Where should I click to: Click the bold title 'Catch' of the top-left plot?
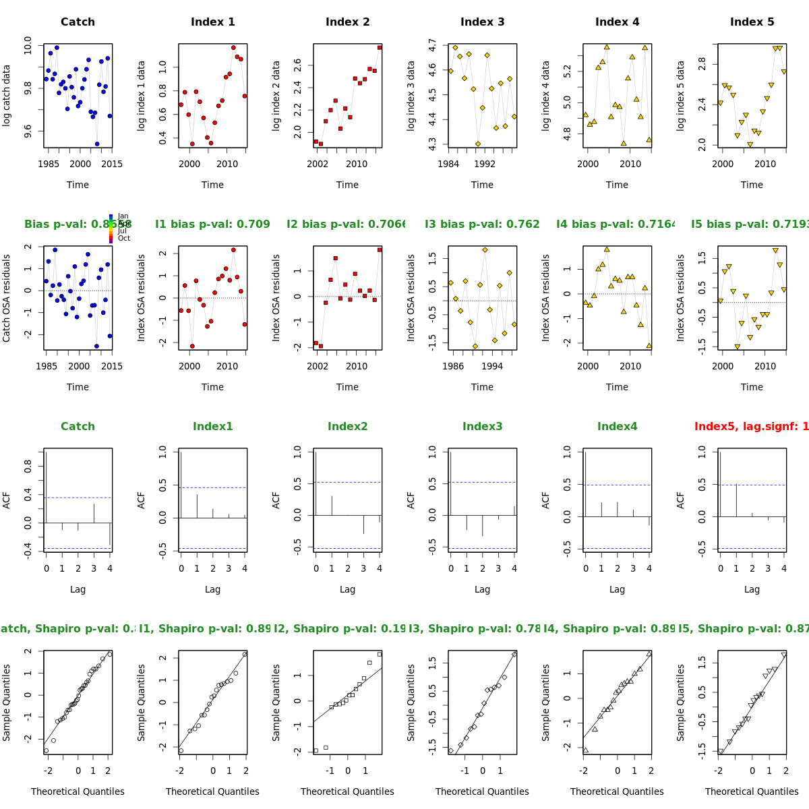(x=78, y=22)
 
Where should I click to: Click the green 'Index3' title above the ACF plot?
(x=482, y=427)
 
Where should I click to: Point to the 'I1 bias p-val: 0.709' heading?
(x=212, y=224)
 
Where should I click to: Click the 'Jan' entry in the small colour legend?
(x=123, y=216)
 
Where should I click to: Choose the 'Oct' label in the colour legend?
(x=123, y=238)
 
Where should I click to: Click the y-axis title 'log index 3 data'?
(x=411, y=96)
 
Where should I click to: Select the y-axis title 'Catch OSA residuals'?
(x=7, y=298)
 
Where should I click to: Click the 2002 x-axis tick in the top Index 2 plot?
(x=318, y=164)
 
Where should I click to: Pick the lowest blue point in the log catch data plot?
(x=97, y=144)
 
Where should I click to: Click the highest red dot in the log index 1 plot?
(x=233, y=48)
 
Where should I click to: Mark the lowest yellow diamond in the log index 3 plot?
(x=478, y=144)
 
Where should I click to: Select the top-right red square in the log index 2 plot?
(x=380, y=47)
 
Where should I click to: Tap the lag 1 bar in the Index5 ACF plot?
(x=736, y=501)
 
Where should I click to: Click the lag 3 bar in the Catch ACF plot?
(x=94, y=513)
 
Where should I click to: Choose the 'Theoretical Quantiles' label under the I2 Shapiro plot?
(x=347, y=791)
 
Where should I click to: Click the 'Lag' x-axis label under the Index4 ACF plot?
(x=617, y=589)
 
